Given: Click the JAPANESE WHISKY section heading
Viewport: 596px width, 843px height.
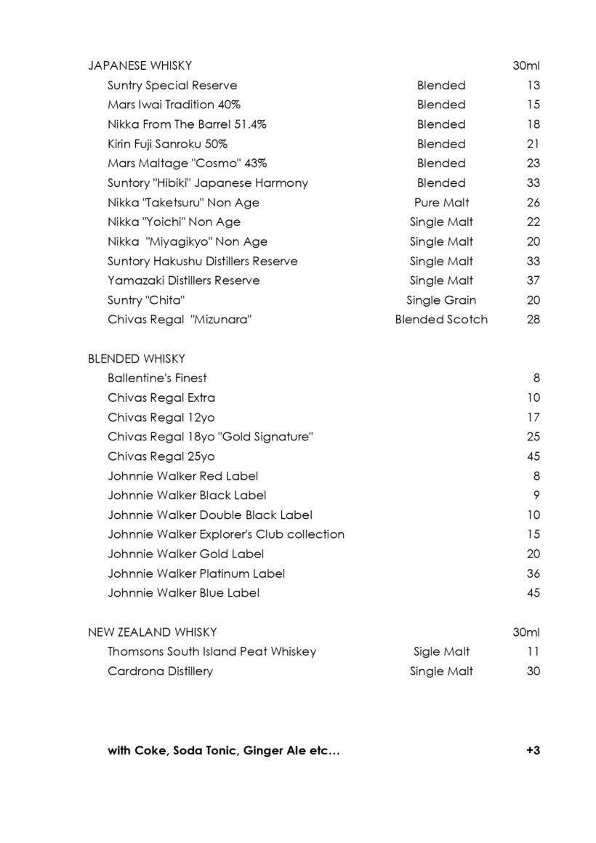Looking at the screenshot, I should pyautogui.click(x=140, y=65).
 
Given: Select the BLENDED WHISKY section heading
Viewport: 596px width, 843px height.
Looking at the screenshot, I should pyautogui.click(x=136, y=358).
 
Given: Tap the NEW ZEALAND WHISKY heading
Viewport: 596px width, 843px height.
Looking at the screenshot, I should pyautogui.click(x=152, y=632).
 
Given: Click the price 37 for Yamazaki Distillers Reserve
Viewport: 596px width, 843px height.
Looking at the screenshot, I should pyautogui.click(x=533, y=281).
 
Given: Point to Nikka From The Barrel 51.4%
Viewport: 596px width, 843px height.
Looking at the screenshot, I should pyautogui.click(x=187, y=124).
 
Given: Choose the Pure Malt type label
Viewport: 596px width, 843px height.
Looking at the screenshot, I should pyautogui.click(x=441, y=202).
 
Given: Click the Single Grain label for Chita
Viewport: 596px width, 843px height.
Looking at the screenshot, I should pyautogui.click(x=441, y=300).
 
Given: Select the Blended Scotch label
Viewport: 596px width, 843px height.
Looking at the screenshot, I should pyautogui.click(x=441, y=319).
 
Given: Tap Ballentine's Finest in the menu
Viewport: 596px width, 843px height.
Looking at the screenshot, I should pyautogui.click(x=157, y=378).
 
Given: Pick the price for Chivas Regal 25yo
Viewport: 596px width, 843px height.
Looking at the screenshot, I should pyautogui.click(x=533, y=456).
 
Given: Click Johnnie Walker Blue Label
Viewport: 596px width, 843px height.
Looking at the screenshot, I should pyautogui.click(x=183, y=593).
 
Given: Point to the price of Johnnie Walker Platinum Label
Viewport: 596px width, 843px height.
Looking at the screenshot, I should pyautogui.click(x=533, y=573).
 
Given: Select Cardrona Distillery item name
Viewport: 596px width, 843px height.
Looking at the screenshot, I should pyautogui.click(x=160, y=671).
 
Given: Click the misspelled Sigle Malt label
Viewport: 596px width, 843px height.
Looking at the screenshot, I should pyautogui.click(x=441, y=652).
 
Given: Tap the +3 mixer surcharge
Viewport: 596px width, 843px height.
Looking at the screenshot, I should pyautogui.click(x=533, y=751).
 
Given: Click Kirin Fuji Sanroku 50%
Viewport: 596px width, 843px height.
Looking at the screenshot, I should pyautogui.click(x=167, y=144).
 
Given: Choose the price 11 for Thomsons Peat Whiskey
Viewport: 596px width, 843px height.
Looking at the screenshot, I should pyautogui.click(x=533, y=652).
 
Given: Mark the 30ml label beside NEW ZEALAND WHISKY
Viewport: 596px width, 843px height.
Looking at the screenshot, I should pyautogui.click(x=525, y=632).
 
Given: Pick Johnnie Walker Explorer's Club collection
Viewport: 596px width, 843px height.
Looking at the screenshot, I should pyautogui.click(x=226, y=534).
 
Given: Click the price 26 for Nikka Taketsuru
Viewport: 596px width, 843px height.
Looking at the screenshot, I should pyautogui.click(x=533, y=202).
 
